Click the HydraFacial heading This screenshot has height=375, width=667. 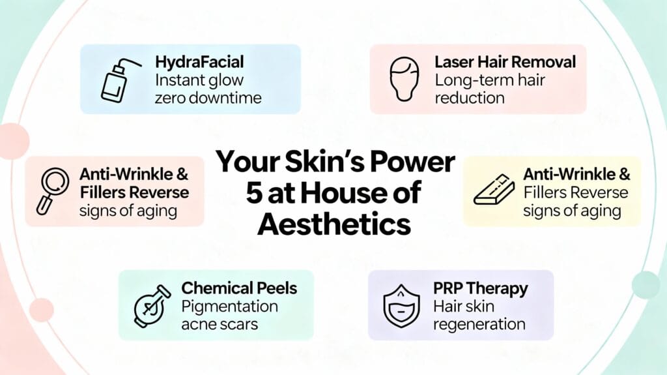(199, 63)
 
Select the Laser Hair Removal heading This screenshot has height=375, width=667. (505, 63)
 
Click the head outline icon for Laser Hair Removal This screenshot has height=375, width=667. (404, 79)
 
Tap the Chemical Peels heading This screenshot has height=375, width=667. (239, 288)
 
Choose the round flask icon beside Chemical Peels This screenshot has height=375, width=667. (149, 305)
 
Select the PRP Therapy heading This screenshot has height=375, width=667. (481, 288)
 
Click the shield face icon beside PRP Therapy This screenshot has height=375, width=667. (402, 305)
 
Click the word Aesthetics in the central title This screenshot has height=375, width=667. (333, 224)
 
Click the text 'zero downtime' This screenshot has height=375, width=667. (208, 98)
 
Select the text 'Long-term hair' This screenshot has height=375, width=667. (489, 80)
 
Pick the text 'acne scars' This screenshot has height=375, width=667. (219, 324)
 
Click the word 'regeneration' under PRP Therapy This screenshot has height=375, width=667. (479, 324)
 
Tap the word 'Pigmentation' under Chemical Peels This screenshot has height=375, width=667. (229, 307)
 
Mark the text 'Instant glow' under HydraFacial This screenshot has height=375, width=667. (199, 81)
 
